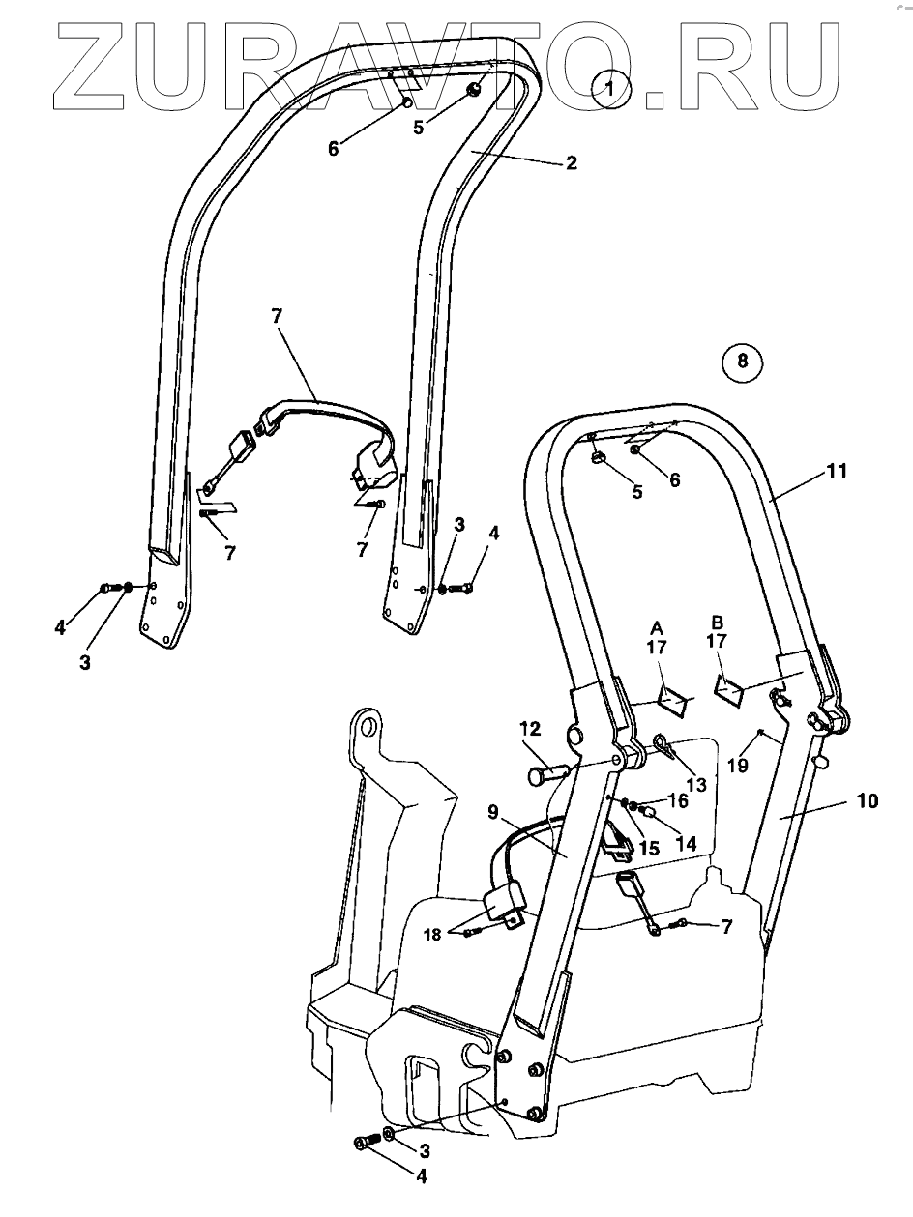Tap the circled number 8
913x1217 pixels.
coord(742,362)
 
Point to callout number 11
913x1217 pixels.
coord(837,472)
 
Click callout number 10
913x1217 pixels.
coord(868,801)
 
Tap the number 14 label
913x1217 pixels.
coord(685,842)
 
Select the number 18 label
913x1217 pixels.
coord(431,934)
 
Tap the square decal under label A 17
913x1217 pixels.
coord(674,697)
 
